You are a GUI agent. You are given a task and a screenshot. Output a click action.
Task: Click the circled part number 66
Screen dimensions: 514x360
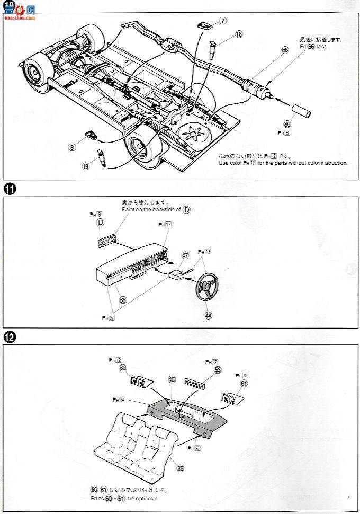[285, 50]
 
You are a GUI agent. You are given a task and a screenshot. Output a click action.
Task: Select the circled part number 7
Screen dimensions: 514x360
[223, 21]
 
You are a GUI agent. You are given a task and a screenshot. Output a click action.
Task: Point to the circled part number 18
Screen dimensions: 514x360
[239, 34]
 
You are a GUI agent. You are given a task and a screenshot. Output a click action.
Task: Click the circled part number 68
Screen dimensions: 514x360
[123, 299]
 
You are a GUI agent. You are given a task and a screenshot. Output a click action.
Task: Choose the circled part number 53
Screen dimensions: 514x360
[218, 369]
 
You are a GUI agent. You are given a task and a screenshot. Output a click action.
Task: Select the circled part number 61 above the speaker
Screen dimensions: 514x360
[244, 383]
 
